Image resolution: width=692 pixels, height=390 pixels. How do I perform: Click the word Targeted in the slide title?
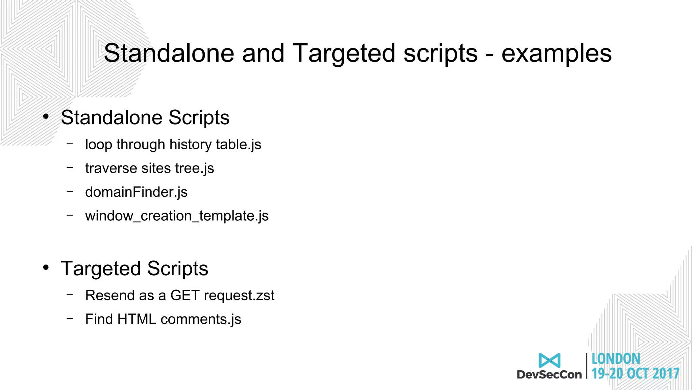344,53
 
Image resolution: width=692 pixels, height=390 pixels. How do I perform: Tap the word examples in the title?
556,53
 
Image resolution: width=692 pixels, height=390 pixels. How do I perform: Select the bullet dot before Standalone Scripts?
46,117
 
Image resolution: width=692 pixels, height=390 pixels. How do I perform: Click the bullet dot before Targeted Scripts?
46,268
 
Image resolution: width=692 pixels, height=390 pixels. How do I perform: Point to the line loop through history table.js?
173,145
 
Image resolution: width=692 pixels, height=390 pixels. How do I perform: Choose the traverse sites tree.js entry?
149,168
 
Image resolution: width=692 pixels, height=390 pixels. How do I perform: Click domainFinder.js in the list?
136,192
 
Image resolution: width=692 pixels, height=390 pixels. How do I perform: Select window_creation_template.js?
177,216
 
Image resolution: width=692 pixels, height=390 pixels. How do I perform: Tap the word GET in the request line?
185,295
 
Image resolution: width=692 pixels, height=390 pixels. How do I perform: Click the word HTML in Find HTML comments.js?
137,319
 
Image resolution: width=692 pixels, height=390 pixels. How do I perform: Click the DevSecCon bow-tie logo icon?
549,361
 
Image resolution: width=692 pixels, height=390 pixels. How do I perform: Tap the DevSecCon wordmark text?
549,374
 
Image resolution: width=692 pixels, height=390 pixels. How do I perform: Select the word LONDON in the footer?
616,359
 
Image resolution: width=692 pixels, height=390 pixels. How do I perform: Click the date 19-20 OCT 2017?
635,373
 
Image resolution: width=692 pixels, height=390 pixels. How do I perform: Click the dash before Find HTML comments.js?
70,318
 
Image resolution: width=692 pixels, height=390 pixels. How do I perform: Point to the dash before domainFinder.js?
70,191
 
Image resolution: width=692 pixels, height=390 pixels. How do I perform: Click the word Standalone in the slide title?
169,53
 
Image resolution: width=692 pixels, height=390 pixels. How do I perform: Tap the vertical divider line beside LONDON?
587,366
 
